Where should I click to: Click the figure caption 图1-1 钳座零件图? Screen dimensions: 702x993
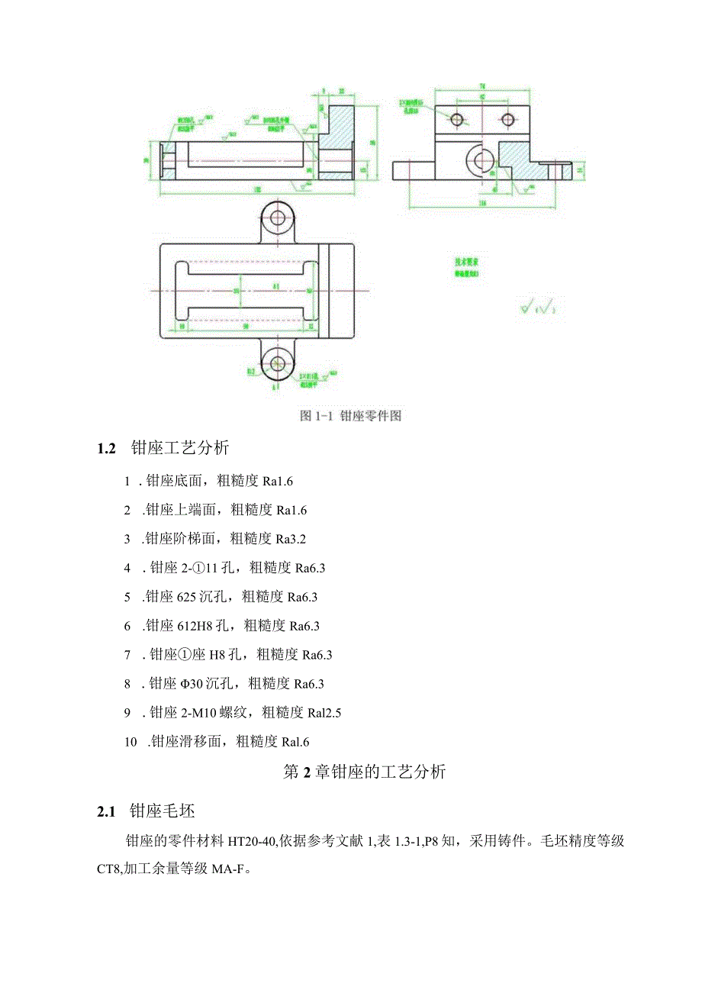coord(350,416)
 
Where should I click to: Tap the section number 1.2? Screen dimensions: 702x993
coord(106,448)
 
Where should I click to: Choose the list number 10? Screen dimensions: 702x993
coord(130,741)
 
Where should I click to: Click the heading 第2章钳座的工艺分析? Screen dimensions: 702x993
coord(364,772)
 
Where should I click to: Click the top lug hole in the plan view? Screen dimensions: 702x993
coord(277,217)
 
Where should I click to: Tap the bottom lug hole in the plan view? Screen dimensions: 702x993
coord(277,363)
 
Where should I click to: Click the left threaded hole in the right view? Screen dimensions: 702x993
coord(457,119)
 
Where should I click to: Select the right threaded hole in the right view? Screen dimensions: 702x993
coord(507,119)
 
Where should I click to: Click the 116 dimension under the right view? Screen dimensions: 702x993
coord(481,204)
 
